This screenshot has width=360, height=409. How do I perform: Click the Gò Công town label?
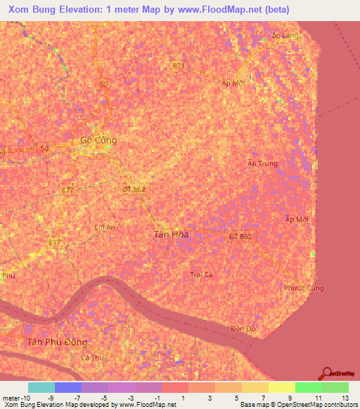(98, 140)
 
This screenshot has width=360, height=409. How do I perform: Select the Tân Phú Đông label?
(57, 342)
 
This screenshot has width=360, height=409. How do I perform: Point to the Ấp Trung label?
(263, 164)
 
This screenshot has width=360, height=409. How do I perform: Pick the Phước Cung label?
(303, 288)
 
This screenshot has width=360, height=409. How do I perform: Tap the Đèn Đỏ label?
(243, 329)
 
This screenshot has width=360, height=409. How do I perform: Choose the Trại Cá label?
(201, 274)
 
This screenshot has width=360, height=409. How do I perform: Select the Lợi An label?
(104, 227)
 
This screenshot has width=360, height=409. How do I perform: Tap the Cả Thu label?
(91, 358)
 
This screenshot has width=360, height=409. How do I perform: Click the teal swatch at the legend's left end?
(41, 387)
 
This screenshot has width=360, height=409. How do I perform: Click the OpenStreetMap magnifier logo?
(327, 373)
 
